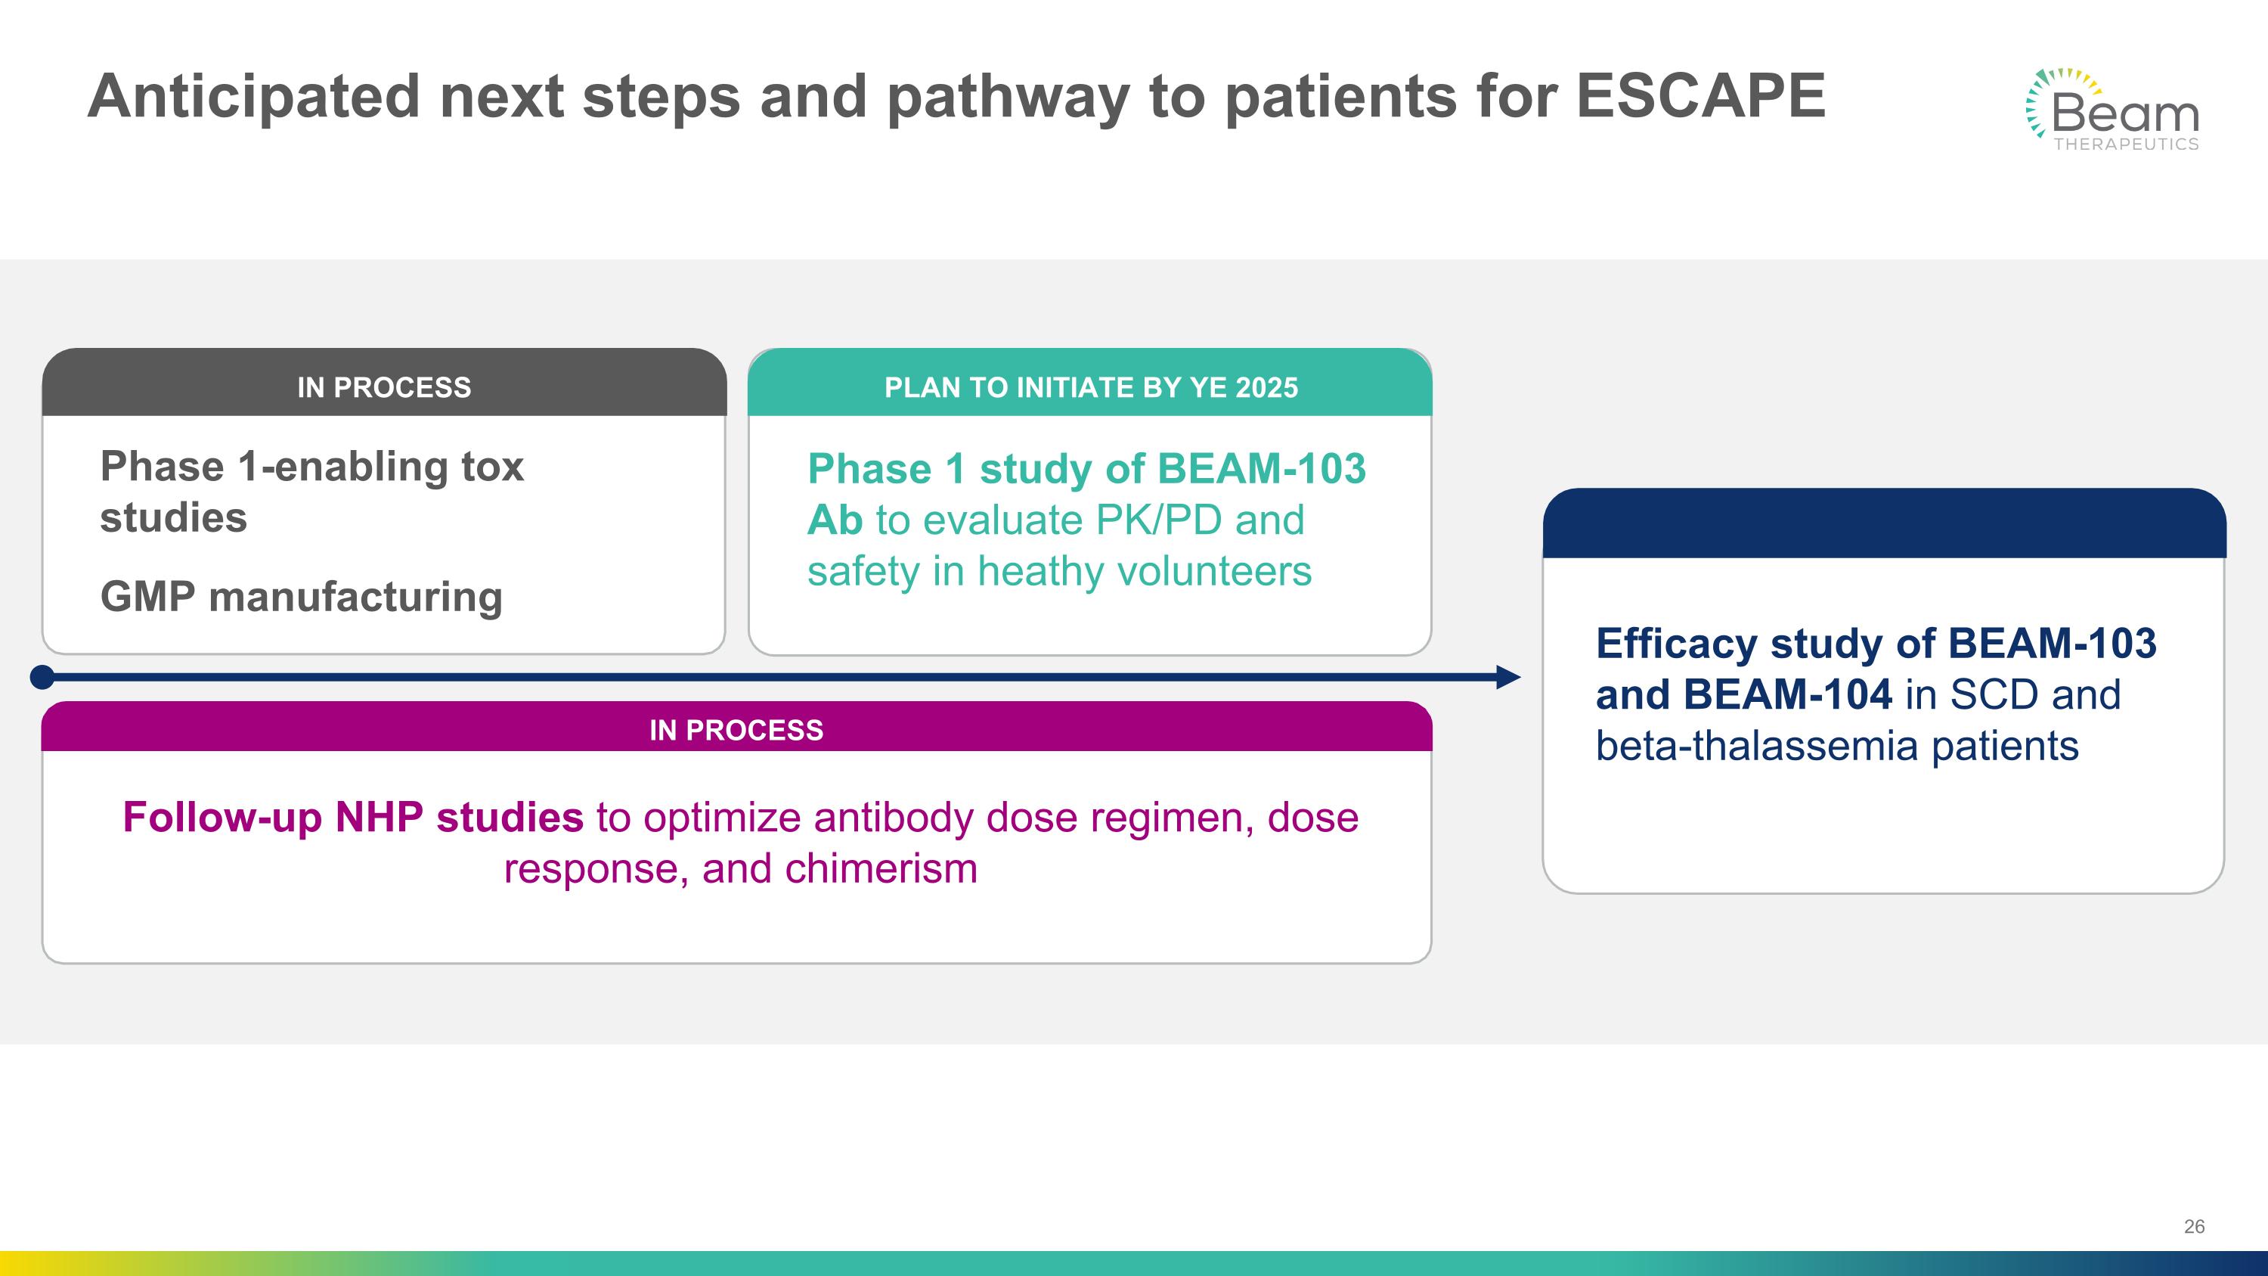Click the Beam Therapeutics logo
[x=2112, y=111]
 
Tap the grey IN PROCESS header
[x=384, y=387]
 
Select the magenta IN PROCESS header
[x=736, y=729]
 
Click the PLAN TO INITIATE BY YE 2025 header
[x=1090, y=387]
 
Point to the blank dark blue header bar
[x=1883, y=523]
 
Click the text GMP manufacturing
[x=301, y=596]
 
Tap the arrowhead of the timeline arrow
[x=1507, y=677]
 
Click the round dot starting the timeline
[x=42, y=677]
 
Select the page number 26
[x=2194, y=1227]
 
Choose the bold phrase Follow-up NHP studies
[x=352, y=817]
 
